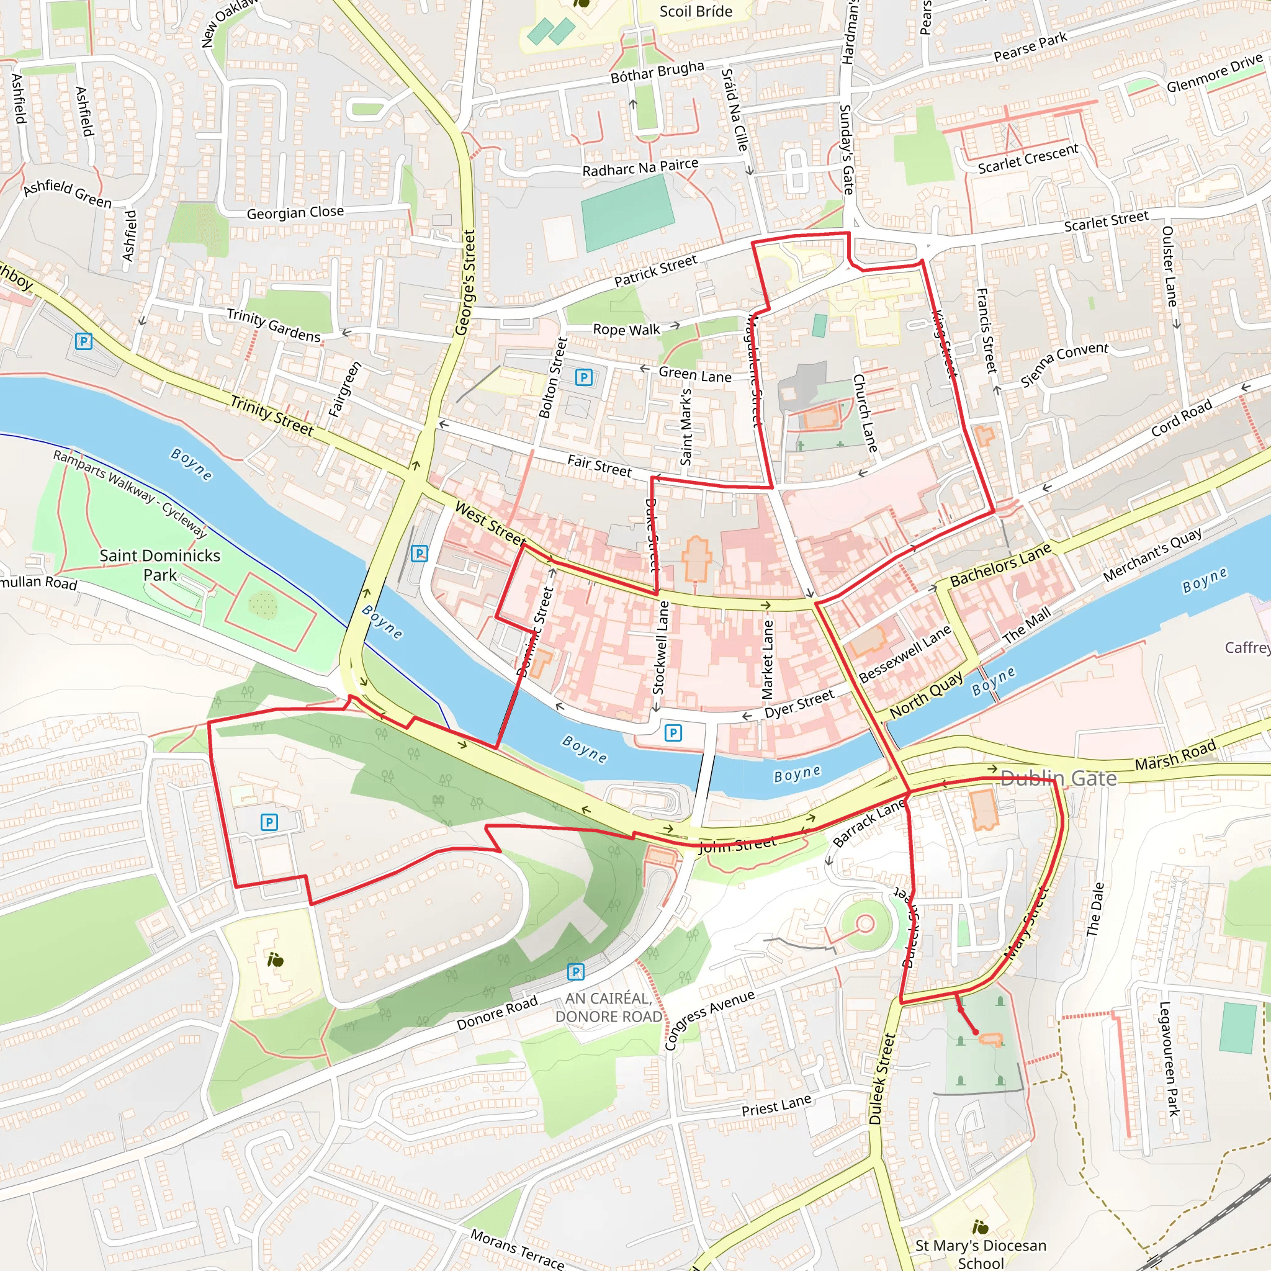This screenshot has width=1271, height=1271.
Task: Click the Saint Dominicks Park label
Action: click(160, 565)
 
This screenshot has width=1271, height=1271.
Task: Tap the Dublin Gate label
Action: click(1058, 778)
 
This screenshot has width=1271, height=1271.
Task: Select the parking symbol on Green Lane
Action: click(583, 377)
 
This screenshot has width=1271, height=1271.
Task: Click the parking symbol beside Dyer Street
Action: click(672, 732)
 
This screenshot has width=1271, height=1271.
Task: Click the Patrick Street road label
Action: click(655, 271)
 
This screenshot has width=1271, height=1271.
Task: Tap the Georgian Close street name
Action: click(295, 212)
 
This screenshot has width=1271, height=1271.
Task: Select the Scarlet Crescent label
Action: click(1028, 158)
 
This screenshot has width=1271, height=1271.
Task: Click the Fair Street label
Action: click(599, 466)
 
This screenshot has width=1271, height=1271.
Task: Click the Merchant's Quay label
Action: click(1152, 555)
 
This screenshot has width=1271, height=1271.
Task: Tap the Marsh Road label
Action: click(1175, 755)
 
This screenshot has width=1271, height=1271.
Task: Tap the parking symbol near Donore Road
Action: click(576, 971)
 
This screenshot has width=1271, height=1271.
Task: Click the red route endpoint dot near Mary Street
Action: click(975, 1032)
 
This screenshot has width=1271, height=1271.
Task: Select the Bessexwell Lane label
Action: click(905, 653)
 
